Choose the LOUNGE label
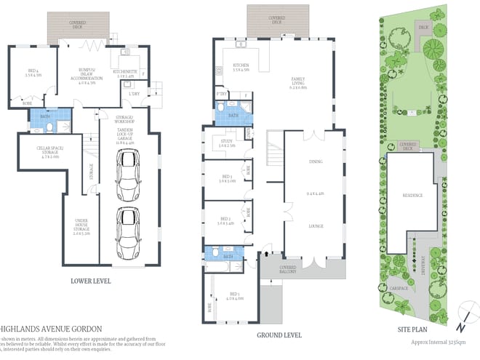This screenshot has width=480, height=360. (314, 226)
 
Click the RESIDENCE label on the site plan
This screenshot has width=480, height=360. (412, 196)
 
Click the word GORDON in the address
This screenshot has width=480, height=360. (86, 328)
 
